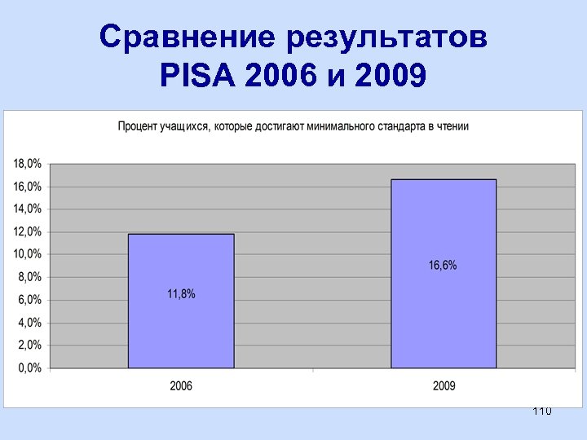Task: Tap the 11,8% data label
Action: [181, 294]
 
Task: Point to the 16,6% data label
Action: [443, 265]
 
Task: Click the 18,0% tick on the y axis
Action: [27, 164]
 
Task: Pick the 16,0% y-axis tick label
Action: [27, 187]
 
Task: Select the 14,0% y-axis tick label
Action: [27, 209]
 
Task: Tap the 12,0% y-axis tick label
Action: [27, 231]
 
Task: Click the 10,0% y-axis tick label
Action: [27, 254]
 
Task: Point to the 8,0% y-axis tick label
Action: [29, 277]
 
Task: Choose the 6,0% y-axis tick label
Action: [29, 300]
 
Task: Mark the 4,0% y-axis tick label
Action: [29, 323]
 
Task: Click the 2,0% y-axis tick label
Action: [29, 345]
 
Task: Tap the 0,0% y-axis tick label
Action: [29, 368]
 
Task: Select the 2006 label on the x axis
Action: [181, 385]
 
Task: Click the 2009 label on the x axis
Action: [444, 385]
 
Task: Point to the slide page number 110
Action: [541, 411]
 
